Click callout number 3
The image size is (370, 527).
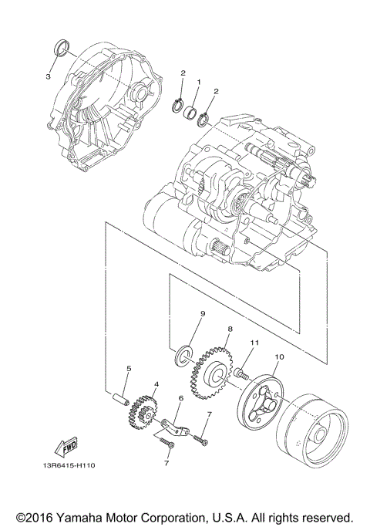[47, 76]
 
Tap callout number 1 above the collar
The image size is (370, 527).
[198, 82]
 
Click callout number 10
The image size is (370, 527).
[278, 357]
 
